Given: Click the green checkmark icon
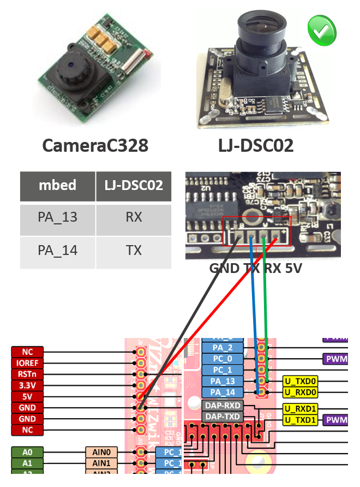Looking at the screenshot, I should point(322,31).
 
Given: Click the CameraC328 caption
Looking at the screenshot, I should point(95,145).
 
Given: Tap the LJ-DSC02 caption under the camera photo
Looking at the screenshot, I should point(256,145).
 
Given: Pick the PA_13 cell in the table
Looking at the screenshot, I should point(57,217).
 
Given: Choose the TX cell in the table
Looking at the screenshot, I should point(134,251).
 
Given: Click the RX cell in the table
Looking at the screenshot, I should point(134,217).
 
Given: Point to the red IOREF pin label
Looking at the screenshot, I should point(27,363).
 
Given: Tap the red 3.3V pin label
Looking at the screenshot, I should point(27,385).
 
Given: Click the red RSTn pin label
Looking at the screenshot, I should point(27,374).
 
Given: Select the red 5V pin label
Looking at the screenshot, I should point(27,397).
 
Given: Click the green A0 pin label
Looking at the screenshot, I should point(27,452).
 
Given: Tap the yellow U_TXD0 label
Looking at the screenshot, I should point(299,381).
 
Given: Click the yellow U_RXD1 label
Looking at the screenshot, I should point(299,408).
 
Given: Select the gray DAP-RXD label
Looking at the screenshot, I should point(223,406).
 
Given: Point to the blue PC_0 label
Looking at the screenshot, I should point(223,359).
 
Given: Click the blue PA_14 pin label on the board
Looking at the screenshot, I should point(223,392).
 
